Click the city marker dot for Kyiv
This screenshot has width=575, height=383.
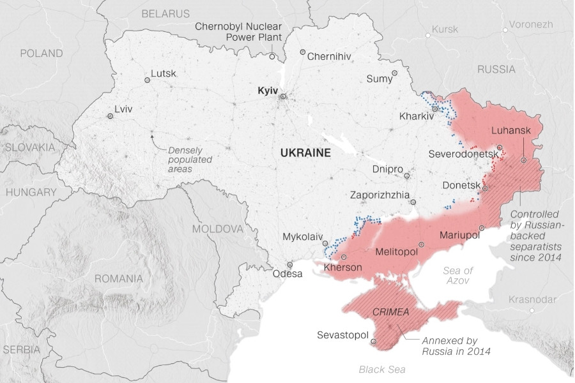coord(283,96)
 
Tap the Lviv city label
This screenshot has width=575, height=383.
coord(123,109)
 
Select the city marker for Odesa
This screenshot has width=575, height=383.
coord(289,264)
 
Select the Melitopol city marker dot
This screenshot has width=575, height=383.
coord(421,244)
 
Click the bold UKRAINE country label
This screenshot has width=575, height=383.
coord(305,153)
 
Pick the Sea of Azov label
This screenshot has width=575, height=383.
coord(458,276)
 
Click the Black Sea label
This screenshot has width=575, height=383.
coord(381,369)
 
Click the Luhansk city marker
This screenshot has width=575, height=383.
coord(523,161)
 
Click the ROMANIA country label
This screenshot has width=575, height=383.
coord(118,278)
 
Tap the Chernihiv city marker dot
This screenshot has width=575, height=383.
coord(302,52)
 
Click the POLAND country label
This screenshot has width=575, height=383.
coord(42,53)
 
